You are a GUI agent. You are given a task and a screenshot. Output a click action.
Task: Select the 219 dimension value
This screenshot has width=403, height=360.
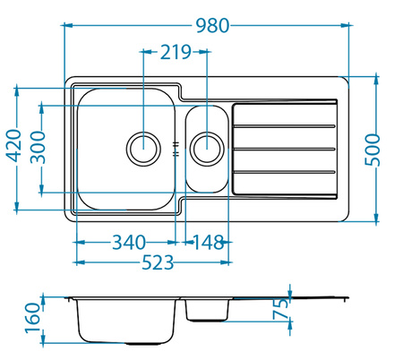pyautogui.click(x=176, y=52)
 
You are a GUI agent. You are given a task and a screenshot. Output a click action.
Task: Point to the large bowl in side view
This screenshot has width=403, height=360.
pyautogui.click(x=125, y=319)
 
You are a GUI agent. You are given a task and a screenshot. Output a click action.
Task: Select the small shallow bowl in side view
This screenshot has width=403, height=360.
pyautogui.click(x=207, y=309)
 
